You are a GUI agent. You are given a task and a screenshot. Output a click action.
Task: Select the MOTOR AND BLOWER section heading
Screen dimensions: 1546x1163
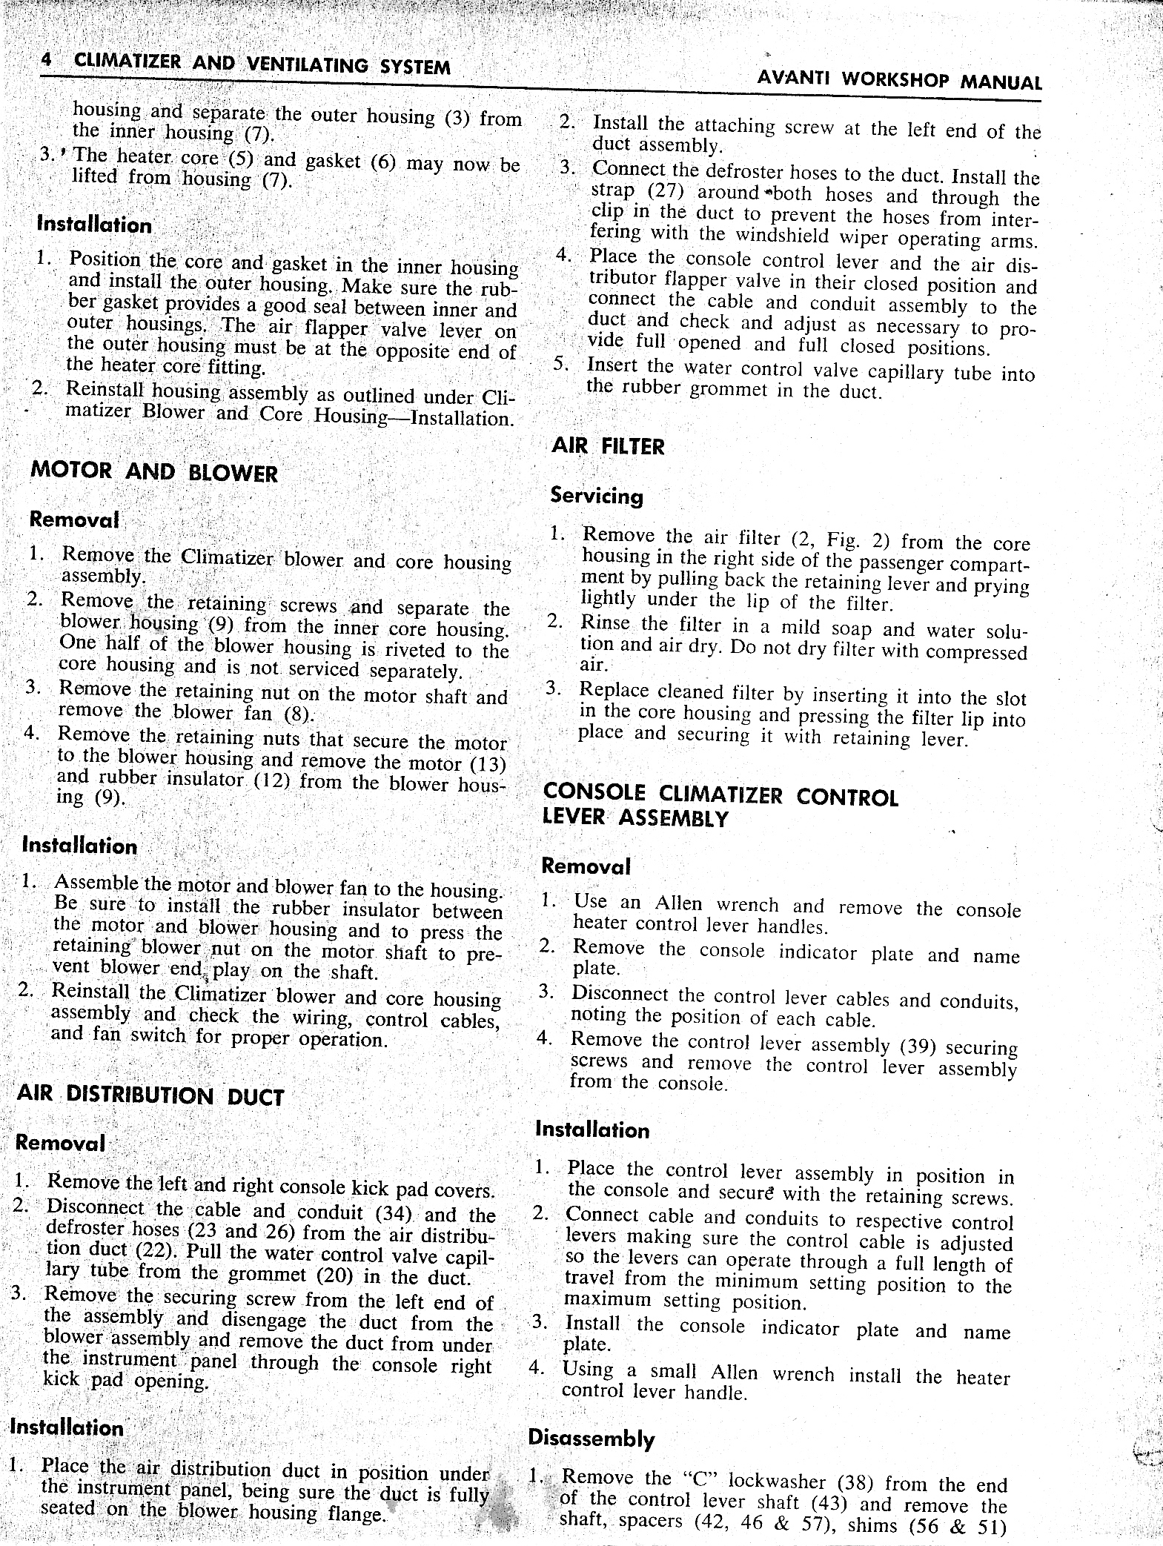point(154,471)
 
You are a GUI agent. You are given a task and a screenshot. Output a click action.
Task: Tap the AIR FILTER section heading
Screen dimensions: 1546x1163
point(609,447)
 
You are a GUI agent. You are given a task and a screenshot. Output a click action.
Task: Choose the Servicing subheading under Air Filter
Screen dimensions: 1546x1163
point(597,496)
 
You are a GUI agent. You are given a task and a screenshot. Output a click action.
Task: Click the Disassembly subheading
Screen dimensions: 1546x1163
point(591,1439)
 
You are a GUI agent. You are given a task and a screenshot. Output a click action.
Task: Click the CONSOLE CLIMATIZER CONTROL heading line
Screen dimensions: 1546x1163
point(720,796)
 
